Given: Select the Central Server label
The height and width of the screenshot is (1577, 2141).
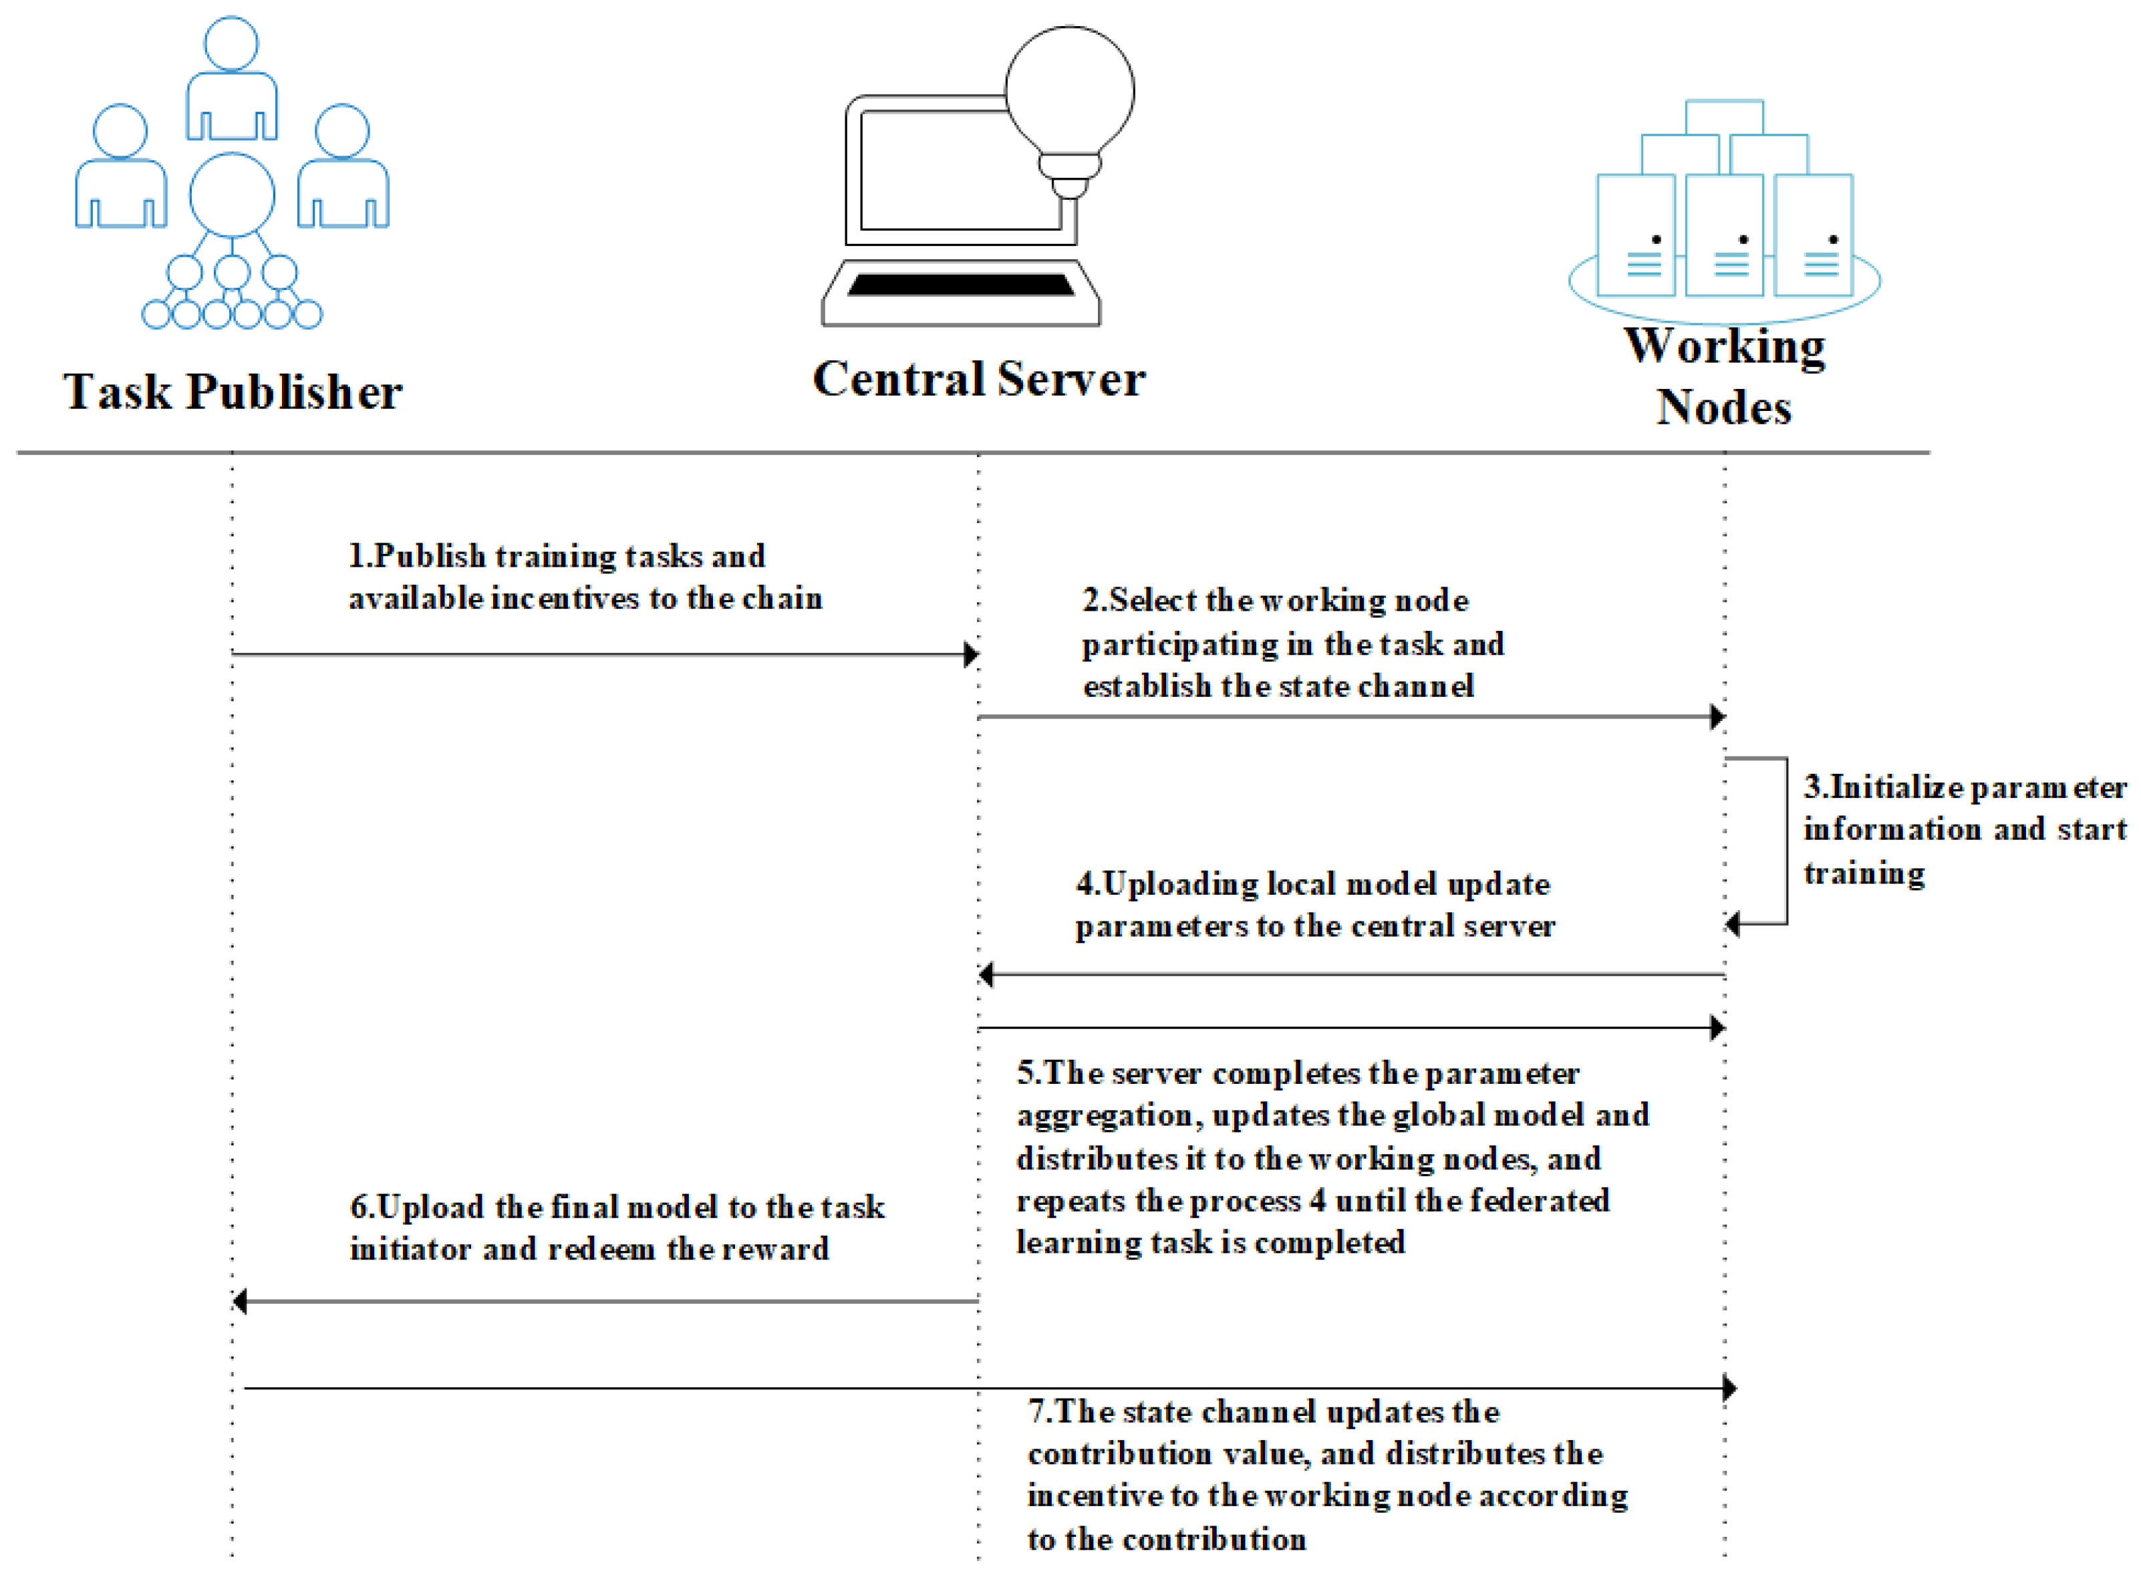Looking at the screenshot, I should [978, 379].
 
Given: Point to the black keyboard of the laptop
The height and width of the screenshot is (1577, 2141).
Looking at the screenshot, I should [960, 285].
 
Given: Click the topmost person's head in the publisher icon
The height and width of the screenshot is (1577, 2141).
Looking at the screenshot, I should [231, 43].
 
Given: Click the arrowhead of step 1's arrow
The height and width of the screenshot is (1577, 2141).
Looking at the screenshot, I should [971, 655].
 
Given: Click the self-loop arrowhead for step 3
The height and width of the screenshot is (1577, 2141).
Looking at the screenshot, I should [1733, 924].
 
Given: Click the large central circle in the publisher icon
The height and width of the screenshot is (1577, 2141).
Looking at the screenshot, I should [232, 194].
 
